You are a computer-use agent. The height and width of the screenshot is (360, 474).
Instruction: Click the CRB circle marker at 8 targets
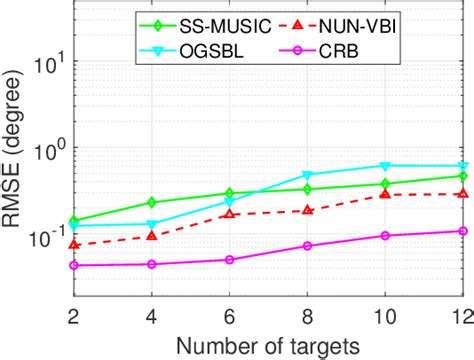(x=307, y=246)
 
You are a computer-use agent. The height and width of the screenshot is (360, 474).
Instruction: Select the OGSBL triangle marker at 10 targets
(x=385, y=166)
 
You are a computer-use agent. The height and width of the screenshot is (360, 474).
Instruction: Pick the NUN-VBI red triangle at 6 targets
(x=229, y=214)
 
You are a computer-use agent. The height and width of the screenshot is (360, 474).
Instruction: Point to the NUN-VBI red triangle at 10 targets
(x=385, y=194)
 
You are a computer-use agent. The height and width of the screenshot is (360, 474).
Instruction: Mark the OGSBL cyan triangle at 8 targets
(x=307, y=175)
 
